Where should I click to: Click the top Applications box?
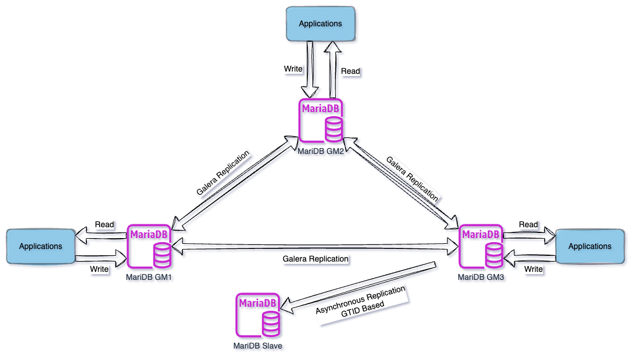tap(320, 23)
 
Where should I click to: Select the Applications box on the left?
tap(40, 246)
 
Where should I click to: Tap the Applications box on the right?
tap(589, 246)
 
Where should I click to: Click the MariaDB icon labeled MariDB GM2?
tap(320, 121)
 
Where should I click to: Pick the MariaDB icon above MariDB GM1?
tap(149, 247)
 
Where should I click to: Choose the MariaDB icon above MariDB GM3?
tap(481, 247)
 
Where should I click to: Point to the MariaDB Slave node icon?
tap(257, 315)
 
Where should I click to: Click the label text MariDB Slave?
tap(257, 346)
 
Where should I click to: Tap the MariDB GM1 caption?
tap(149, 276)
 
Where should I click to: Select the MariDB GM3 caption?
tap(481, 276)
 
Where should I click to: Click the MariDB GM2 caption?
tap(320, 151)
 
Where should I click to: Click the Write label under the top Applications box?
tap(293, 69)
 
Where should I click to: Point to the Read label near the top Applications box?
tap(351, 71)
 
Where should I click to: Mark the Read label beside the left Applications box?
tap(105, 224)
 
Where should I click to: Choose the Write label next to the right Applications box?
tap(533, 268)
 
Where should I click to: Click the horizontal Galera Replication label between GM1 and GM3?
tap(315, 259)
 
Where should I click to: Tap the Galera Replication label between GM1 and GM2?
tap(223, 173)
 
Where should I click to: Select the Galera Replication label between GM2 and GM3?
tap(413, 179)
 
